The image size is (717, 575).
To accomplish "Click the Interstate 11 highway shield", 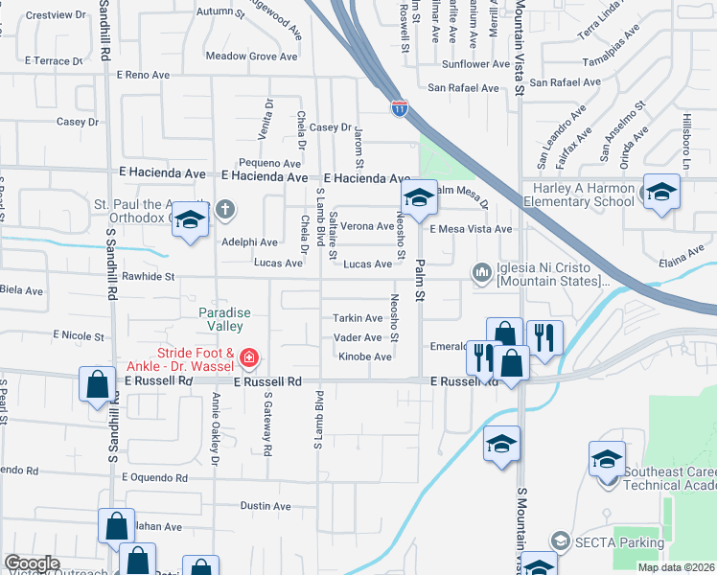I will pos(398,108).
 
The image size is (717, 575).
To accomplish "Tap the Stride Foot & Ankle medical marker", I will pos(248,359).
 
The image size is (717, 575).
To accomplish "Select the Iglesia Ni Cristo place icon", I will pos(480,273).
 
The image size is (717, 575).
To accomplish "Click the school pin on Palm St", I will pos(418,198).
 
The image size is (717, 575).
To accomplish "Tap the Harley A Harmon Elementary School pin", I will pos(660,192).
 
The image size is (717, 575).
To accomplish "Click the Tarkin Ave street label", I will pos(358,318).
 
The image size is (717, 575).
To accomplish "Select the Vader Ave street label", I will pos(358,337).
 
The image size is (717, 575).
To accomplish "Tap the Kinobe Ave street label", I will pos(364,356).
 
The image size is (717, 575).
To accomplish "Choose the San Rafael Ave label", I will pos(464,87).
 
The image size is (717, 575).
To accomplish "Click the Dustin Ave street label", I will pos(266,506).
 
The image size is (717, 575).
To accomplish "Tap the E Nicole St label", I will pos(81,335).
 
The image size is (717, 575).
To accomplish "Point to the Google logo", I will pos(32,563).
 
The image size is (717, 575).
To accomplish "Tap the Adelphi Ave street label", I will pos(249,242).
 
